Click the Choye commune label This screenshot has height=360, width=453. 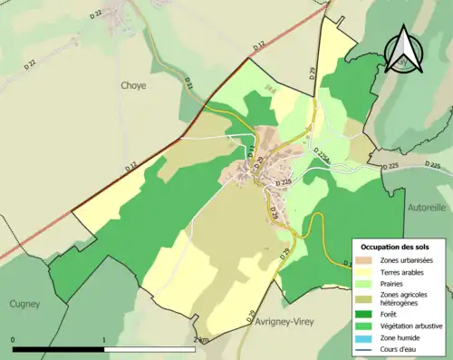coord(132,85)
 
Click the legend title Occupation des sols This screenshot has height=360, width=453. coord(396,247)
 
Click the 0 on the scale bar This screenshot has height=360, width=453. coord(14,340)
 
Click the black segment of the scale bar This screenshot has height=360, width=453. coord(60,349)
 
